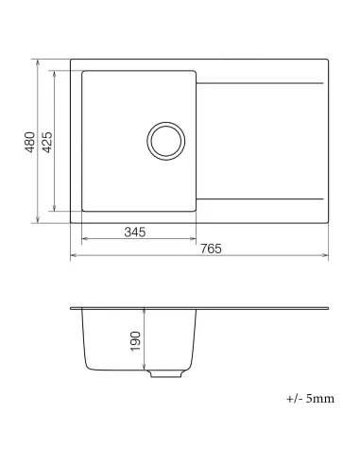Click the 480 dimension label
click(30, 142)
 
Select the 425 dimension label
click(47, 142)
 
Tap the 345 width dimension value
click(134, 232)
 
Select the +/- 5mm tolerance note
click(311, 399)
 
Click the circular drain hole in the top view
click(166, 141)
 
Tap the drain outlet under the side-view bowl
click(165, 373)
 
